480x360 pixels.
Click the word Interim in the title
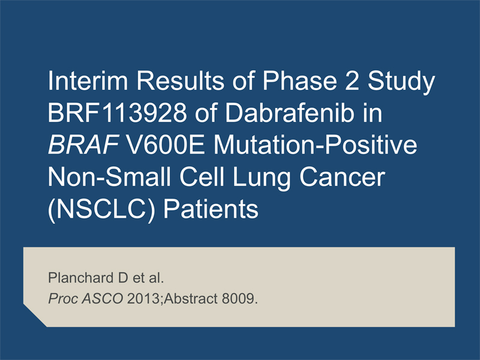tap(88, 80)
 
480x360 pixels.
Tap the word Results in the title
tap(180, 80)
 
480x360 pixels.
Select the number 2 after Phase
tap(352, 80)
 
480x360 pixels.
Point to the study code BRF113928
tap(117, 113)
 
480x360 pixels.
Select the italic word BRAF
tap(83, 145)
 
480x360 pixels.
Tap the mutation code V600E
tap(166, 145)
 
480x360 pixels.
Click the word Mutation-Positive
tap(315, 145)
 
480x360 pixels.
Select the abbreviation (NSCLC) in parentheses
tap(101, 209)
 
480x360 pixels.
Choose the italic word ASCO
tap(102, 298)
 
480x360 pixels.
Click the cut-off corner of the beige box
tap(35, 316)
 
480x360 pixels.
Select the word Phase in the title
tap(299, 80)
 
